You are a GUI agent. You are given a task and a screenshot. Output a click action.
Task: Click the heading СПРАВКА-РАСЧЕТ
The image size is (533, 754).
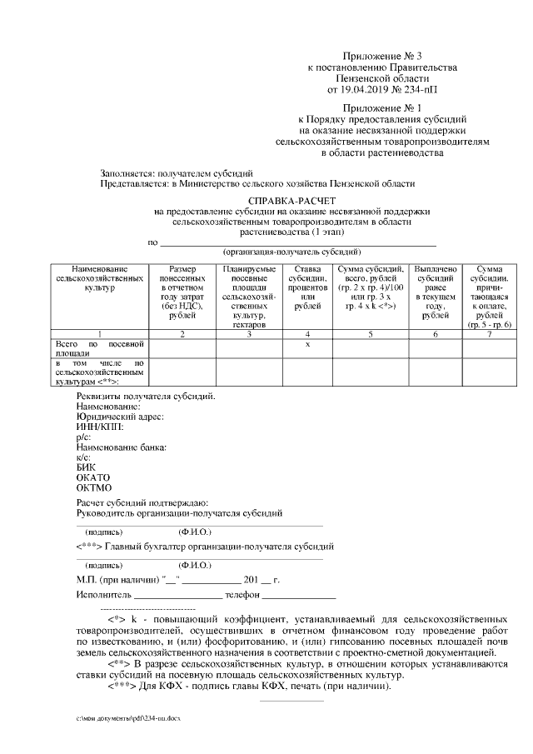[x=291, y=202]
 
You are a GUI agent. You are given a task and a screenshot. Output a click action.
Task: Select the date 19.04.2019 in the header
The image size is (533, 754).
[x=373, y=87]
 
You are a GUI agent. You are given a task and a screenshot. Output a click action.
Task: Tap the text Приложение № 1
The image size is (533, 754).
[x=376, y=108]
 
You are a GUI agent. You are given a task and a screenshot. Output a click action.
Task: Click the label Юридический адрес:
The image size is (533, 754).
[x=120, y=416]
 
